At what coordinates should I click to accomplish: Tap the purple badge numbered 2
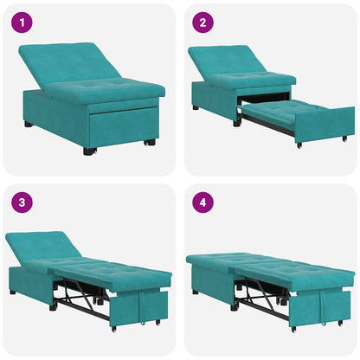point(202,22)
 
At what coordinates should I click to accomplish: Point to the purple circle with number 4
point(202,202)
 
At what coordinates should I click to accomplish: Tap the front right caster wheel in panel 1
point(149,142)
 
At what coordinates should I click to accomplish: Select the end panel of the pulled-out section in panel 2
point(324,126)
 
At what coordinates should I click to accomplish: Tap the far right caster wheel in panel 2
point(344,138)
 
